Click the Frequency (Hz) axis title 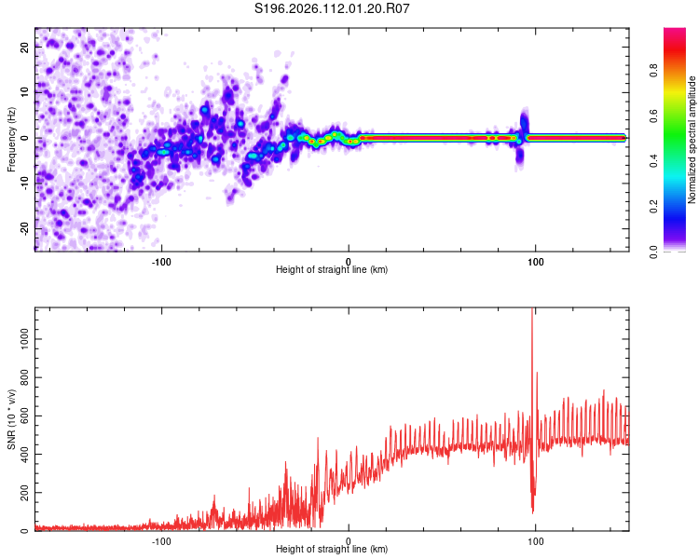12,140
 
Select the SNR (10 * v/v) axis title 12,418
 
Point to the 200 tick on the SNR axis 22,493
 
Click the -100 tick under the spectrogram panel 161,260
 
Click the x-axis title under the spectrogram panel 332,269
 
